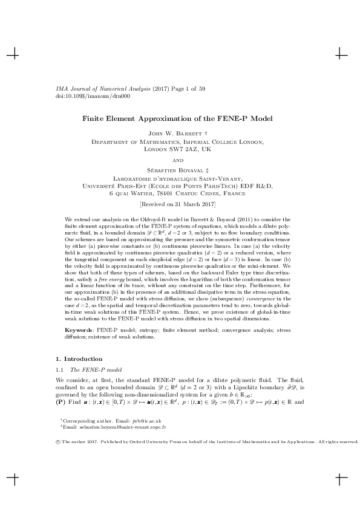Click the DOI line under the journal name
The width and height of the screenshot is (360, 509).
click(x=72, y=96)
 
